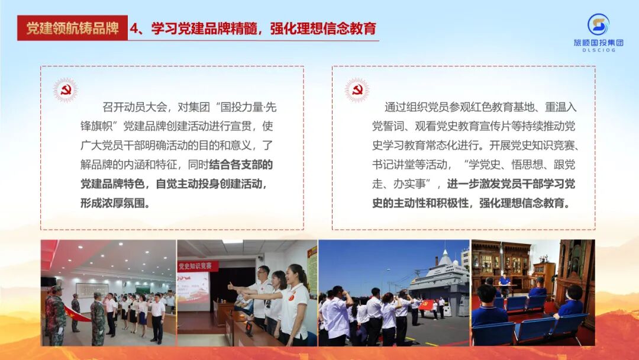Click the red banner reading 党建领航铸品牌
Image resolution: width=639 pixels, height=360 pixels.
click(72, 28)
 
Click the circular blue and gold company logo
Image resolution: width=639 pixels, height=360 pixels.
click(598, 24)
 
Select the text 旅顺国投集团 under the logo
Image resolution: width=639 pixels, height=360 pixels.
click(598, 43)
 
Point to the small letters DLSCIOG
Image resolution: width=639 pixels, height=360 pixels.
click(598, 50)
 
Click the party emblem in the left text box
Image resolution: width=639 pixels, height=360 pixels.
click(65, 90)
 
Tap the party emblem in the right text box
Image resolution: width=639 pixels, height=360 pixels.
click(357, 90)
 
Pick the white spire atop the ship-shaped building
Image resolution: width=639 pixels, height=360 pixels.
click(442, 256)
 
